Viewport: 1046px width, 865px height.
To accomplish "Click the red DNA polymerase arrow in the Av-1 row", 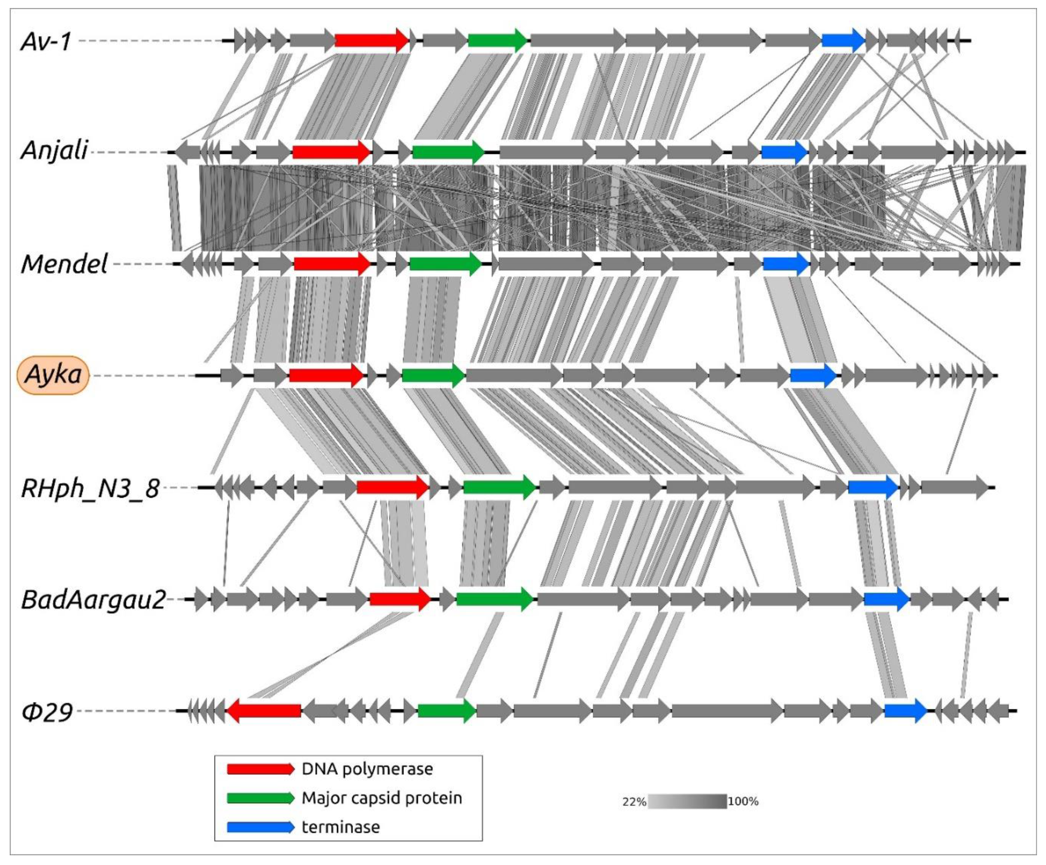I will (371, 40).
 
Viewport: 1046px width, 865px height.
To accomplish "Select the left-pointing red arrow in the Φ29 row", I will (264, 710).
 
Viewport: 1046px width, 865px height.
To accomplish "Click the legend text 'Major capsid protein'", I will (382, 798).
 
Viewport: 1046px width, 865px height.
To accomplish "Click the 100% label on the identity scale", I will (743, 802).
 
